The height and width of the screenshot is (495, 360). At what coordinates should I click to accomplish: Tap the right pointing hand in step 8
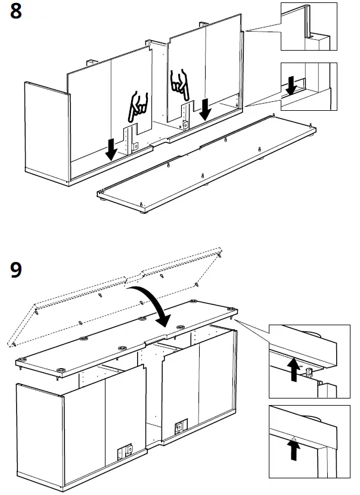pyautogui.click(x=179, y=83)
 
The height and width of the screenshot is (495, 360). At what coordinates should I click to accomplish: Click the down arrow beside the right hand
pyautogui.click(x=206, y=108)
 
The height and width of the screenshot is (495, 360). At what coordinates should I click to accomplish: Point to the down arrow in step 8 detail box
pyautogui.click(x=291, y=85)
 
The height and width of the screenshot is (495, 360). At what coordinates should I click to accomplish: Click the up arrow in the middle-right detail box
pyautogui.click(x=293, y=370)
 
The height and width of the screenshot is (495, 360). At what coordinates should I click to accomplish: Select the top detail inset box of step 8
pyautogui.click(x=309, y=27)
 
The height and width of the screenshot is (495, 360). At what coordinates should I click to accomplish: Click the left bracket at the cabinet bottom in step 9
pyautogui.click(x=126, y=452)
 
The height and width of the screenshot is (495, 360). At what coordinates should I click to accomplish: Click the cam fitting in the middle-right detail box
pyautogui.click(x=309, y=372)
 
